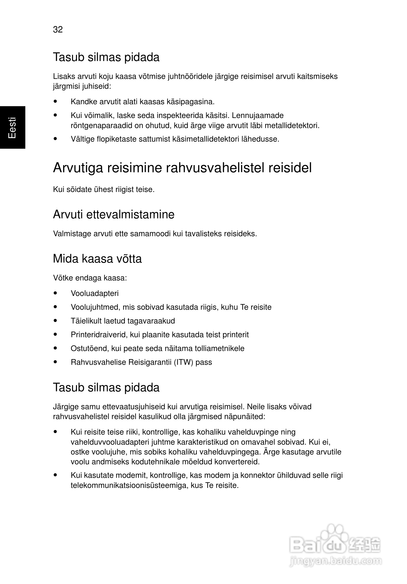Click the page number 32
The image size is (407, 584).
click(58, 29)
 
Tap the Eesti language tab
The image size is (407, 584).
click(12, 127)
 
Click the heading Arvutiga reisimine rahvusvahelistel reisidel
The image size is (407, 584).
click(182, 168)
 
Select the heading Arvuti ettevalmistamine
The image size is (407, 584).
click(114, 214)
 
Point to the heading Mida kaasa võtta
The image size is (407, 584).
click(97, 259)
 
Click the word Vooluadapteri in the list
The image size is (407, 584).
click(95, 293)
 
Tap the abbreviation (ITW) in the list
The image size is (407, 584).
click(183, 362)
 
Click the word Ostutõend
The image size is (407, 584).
click(89, 348)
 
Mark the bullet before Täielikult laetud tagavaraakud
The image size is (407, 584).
click(55, 321)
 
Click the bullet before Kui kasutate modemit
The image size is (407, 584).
click(55, 475)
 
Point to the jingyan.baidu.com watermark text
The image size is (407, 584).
click(335, 561)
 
